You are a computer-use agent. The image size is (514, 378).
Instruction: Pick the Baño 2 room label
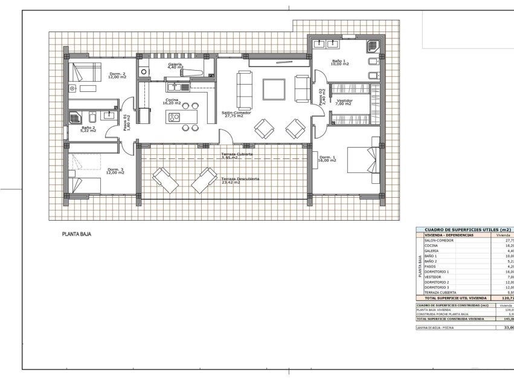[x=88, y=129]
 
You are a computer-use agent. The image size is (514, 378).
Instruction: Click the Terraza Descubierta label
[x=240, y=180]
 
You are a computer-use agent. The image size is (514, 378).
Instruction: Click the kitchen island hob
[x=175, y=117]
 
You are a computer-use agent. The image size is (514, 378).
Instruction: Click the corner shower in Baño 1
[x=374, y=46]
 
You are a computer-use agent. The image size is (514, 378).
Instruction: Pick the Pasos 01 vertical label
[x=126, y=122]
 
